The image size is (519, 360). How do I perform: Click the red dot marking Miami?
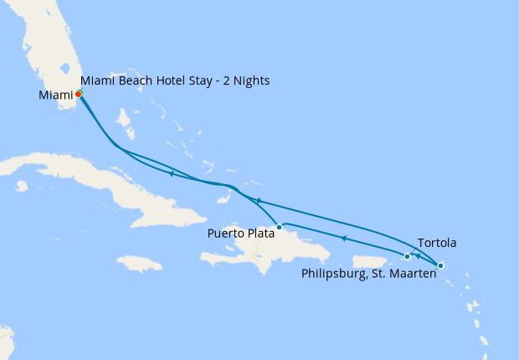pyautogui.click(x=78, y=94)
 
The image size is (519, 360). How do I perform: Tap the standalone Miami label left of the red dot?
pyautogui.click(x=55, y=95)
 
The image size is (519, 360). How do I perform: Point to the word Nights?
pyautogui.click(x=251, y=81)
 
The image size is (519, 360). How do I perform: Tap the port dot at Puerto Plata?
pyautogui.click(x=279, y=227)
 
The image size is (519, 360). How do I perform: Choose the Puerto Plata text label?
pyautogui.click(x=241, y=234)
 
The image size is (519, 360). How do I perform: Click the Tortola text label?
pyautogui.click(x=435, y=243)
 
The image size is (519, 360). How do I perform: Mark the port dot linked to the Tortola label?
pyautogui.click(x=440, y=265)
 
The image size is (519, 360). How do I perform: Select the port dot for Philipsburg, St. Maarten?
pyautogui.click(x=407, y=256)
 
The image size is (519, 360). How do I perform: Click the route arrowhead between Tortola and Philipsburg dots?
pyautogui.click(x=418, y=256)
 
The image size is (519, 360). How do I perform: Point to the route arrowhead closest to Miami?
pyautogui.click(x=171, y=174)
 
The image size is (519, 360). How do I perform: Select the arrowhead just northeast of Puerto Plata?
pyautogui.click(x=259, y=201)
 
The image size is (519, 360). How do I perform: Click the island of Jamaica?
pyautogui.click(x=139, y=264)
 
